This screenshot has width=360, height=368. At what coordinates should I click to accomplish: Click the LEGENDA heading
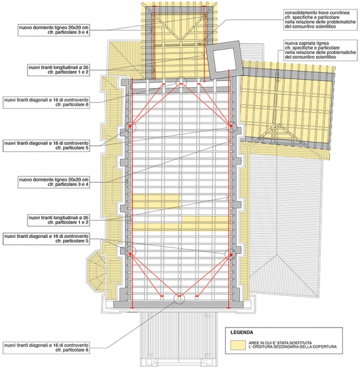click(x=242, y=332)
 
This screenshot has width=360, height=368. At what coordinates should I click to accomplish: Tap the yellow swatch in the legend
click(x=238, y=345)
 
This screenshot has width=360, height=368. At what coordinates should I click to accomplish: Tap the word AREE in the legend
click(x=254, y=343)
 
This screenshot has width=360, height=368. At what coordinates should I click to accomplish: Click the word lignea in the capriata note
click(x=320, y=44)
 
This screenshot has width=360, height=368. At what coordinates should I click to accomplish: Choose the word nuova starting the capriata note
click(x=289, y=44)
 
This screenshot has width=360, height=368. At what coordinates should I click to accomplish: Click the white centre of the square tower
click(x=224, y=59)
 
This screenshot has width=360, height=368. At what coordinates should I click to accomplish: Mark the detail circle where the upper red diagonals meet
click(x=181, y=82)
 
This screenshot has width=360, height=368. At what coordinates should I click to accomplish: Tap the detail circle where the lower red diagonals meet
click(x=179, y=298)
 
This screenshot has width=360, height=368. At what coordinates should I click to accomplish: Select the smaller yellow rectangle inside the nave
click(x=156, y=201)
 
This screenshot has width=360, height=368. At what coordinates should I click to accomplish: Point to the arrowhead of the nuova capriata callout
click(x=278, y=80)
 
